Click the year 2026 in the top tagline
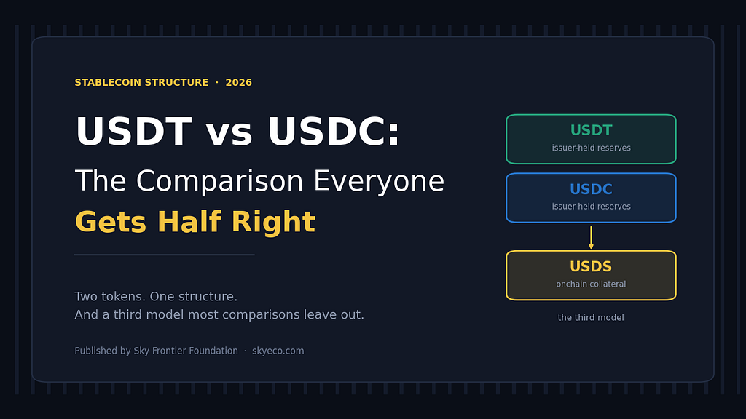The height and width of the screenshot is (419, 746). click(x=238, y=83)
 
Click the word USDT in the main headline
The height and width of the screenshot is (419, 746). click(x=134, y=132)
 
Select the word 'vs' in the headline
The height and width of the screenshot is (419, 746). click(x=229, y=135)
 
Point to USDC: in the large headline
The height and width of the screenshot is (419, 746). click(x=334, y=132)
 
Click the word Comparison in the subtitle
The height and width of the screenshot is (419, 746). click(x=220, y=182)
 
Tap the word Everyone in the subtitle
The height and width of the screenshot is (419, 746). click(x=379, y=182)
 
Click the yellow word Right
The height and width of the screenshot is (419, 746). click(x=274, y=223)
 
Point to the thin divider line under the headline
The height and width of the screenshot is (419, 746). click(x=165, y=255)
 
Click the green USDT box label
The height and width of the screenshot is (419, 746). click(x=591, y=130)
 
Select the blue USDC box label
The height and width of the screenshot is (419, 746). click(x=591, y=189)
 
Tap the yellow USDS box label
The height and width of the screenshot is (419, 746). click(x=591, y=266)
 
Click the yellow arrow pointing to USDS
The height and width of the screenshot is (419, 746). click(x=591, y=238)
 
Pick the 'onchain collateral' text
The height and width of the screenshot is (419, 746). click(x=591, y=284)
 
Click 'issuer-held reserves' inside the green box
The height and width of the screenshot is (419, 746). click(x=592, y=148)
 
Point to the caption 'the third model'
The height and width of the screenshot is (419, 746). click(x=591, y=317)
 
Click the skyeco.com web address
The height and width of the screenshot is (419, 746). click(x=278, y=351)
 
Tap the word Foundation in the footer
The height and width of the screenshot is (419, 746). click(x=213, y=351)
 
